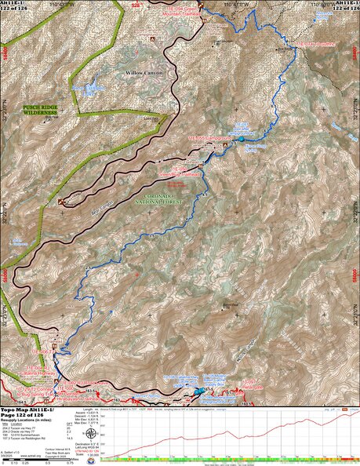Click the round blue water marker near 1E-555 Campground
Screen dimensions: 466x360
[242, 139]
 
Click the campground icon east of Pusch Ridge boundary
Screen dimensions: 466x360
[62, 202]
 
